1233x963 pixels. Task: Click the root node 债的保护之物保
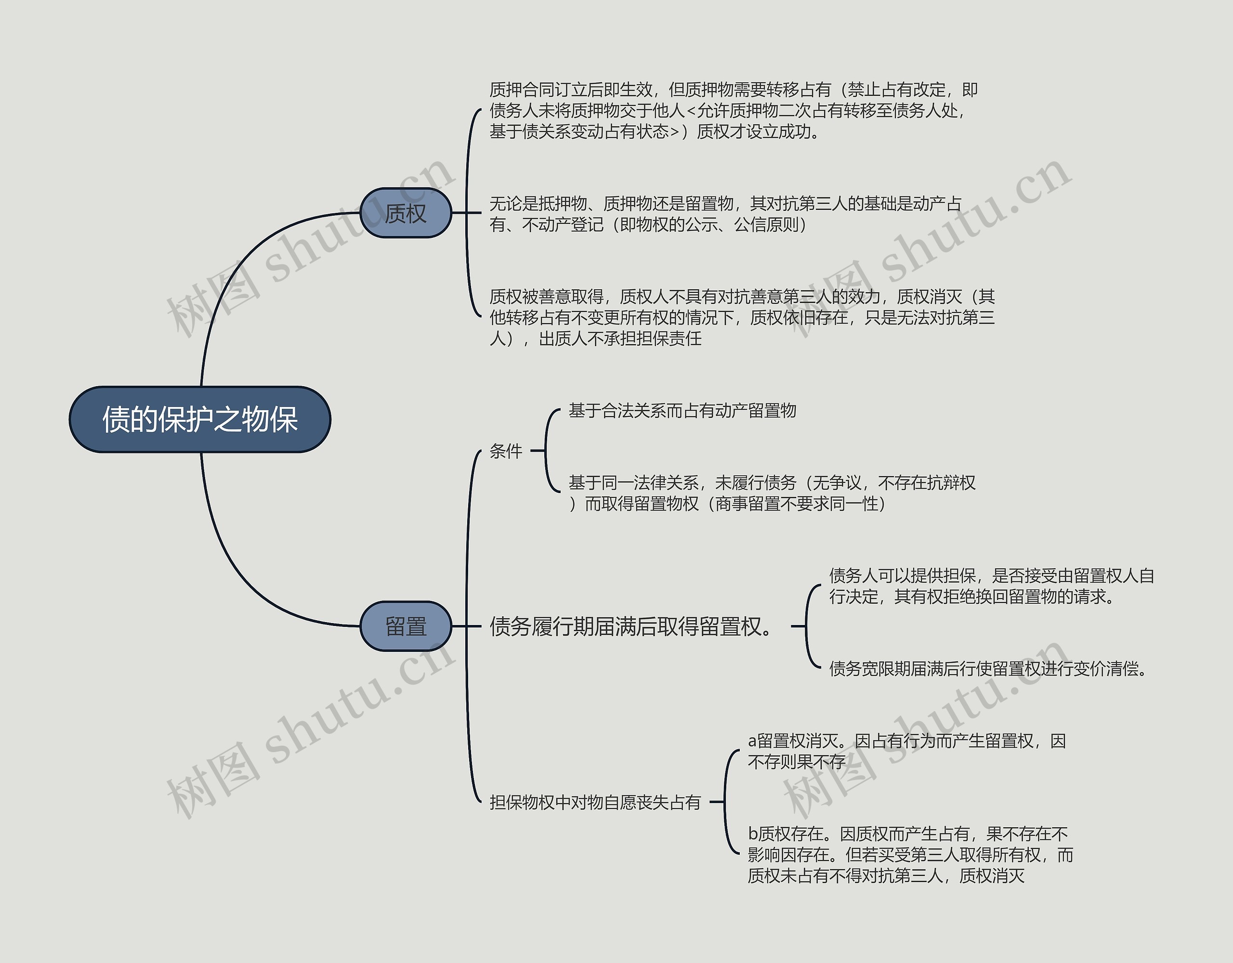(200, 419)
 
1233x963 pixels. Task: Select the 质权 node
(406, 213)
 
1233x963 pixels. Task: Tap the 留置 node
(406, 626)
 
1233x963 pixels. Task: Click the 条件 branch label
(506, 451)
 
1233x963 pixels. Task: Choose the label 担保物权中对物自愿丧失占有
(595, 802)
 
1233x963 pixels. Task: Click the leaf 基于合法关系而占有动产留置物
(682, 410)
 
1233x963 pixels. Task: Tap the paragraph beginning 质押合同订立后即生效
(734, 111)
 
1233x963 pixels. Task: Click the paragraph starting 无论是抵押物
(725, 214)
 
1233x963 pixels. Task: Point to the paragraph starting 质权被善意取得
(741, 317)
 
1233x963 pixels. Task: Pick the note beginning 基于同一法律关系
(771, 493)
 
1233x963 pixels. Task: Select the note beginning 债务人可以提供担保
(991, 586)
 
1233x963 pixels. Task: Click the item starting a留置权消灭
(906, 751)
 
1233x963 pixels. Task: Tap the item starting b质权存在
(910, 855)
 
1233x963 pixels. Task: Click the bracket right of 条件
(546, 452)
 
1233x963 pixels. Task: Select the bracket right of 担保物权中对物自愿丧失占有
(725, 802)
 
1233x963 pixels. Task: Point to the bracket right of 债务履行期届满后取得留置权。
(807, 626)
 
